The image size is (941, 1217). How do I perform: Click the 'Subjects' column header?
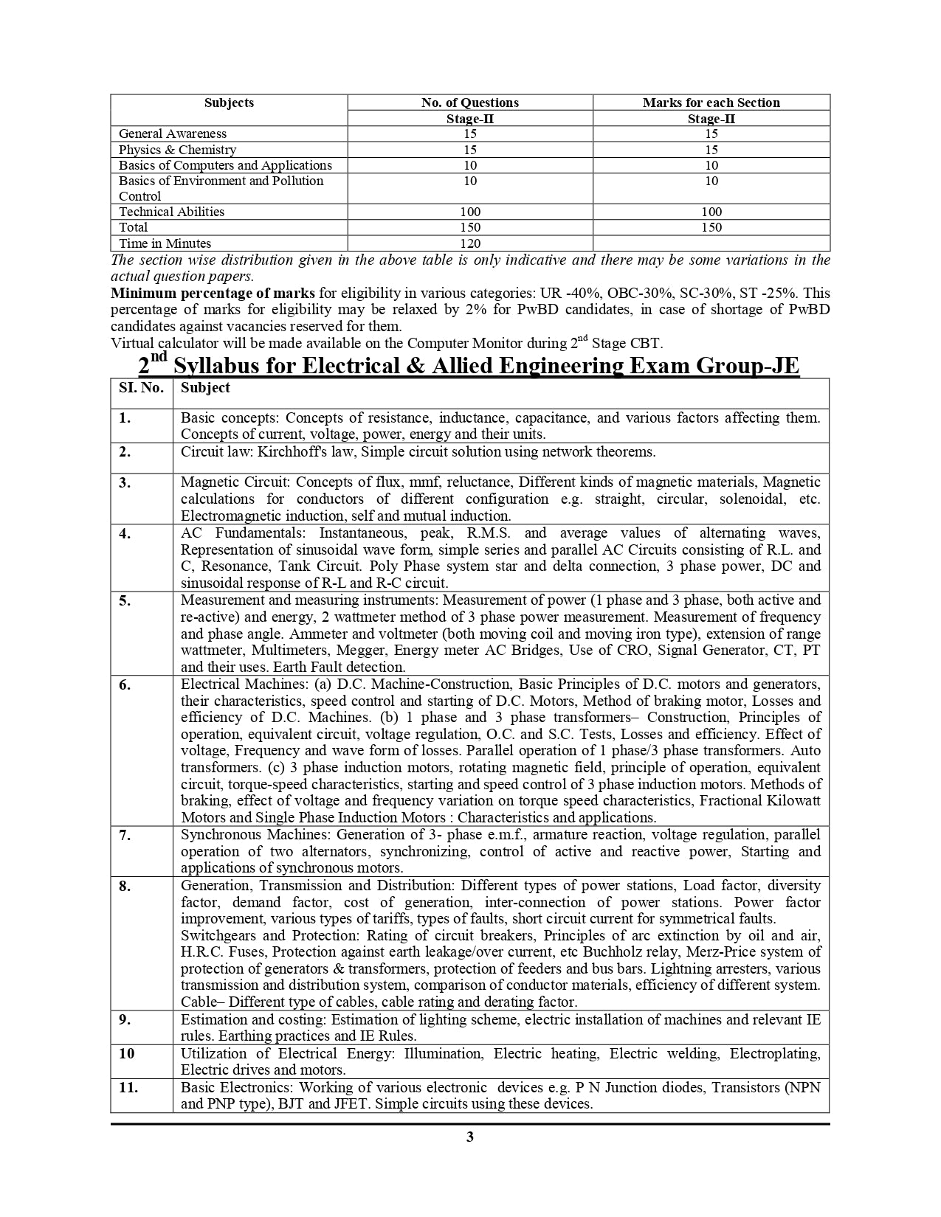coord(229,103)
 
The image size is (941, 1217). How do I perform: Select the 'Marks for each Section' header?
coord(711,103)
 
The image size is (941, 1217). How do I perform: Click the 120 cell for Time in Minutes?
coord(469,243)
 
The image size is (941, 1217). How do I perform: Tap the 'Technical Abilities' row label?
coord(171,212)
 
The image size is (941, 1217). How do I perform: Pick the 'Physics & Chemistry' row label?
coord(177,150)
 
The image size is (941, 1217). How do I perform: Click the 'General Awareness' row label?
coord(173,134)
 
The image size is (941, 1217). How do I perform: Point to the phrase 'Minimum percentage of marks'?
coord(213,293)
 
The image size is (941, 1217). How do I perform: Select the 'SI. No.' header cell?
coord(141,388)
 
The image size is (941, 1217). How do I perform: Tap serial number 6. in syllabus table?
coord(125,685)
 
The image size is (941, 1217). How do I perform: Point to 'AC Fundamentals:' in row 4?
coord(236,533)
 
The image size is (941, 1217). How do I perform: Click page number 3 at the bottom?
coord(470,1137)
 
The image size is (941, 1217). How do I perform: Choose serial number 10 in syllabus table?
coord(127,1053)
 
